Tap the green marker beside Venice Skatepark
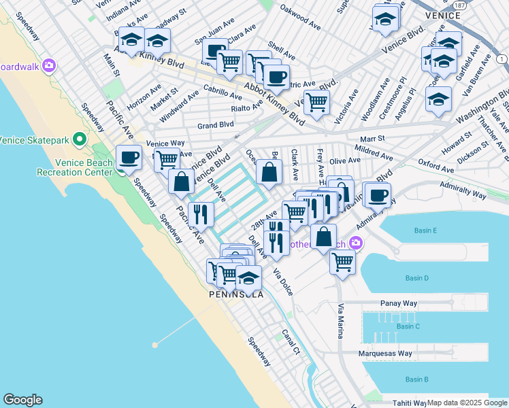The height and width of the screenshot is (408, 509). (80, 140)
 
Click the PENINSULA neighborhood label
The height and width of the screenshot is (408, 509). (235, 295)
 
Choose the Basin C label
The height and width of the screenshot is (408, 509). (408, 326)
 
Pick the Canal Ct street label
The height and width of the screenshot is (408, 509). (291, 343)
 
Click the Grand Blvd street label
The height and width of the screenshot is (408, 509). (215, 125)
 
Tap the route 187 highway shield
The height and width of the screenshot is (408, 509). (461, 5)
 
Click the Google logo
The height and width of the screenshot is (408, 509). (22, 400)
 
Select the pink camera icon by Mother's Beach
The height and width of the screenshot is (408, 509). (356, 243)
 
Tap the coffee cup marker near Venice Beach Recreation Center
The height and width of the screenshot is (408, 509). (129, 158)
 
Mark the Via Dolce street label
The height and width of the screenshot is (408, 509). (283, 281)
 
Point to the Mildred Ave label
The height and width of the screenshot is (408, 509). (370, 148)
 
